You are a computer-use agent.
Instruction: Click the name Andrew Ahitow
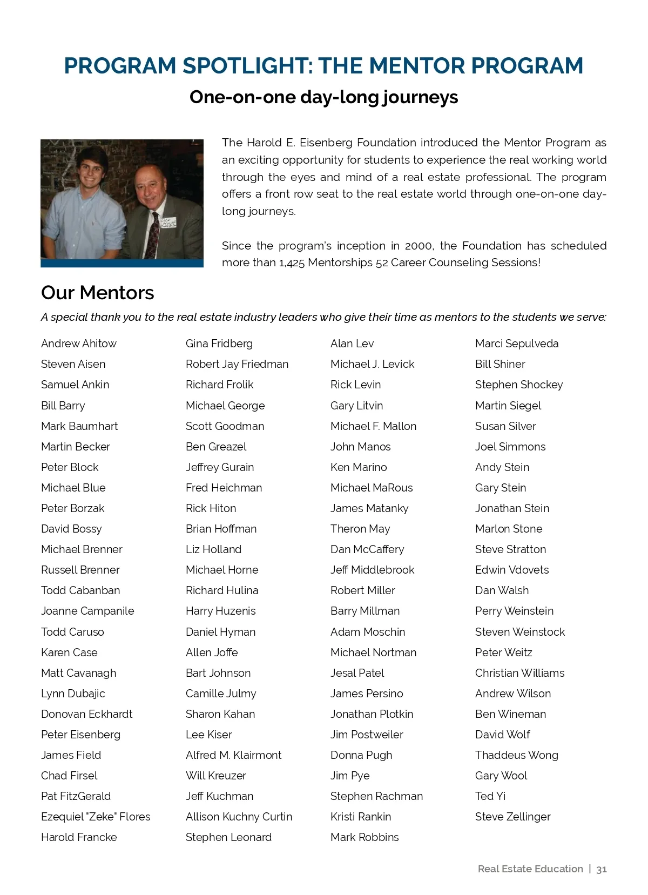pyautogui.click(x=79, y=344)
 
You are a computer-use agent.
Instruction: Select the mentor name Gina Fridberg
pyautogui.click(x=219, y=344)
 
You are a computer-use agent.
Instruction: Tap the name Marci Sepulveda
pyautogui.click(x=517, y=344)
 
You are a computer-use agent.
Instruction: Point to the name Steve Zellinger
pyautogui.click(x=512, y=817)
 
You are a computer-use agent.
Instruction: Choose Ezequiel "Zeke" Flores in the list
pyautogui.click(x=96, y=817)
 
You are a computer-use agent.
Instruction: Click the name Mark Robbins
pyautogui.click(x=364, y=837)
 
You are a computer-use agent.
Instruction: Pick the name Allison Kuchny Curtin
pyautogui.click(x=239, y=817)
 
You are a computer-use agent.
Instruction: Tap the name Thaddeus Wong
pyautogui.click(x=516, y=755)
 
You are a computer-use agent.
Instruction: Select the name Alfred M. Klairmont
pyautogui.click(x=233, y=755)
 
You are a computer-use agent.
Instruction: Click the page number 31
pyautogui.click(x=602, y=869)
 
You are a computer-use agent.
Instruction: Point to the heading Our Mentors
pyautogui.click(x=98, y=293)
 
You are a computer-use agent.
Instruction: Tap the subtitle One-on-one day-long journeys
pyautogui.click(x=323, y=97)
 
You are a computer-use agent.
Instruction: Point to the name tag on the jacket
pyautogui.click(x=168, y=222)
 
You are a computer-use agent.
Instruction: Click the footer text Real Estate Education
pyautogui.click(x=530, y=869)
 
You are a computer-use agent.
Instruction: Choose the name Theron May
pyautogui.click(x=360, y=529)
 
